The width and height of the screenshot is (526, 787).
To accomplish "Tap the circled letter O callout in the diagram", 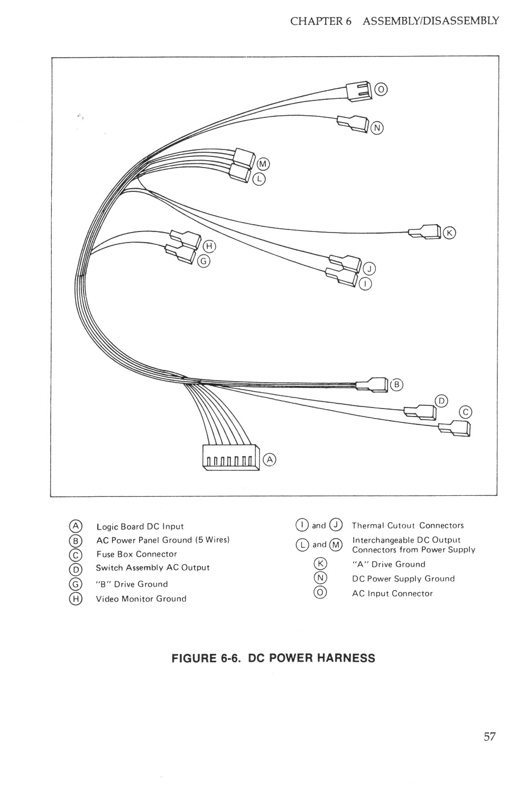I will tap(381, 89).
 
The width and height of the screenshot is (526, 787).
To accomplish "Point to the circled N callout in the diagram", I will tap(377, 127).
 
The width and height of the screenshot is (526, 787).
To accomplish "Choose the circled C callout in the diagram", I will tap(465, 412).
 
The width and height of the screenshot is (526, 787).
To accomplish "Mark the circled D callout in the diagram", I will tap(441, 401).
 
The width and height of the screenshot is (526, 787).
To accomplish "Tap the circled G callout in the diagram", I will tap(204, 261).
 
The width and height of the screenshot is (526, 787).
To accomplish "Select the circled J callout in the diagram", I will tap(369, 269).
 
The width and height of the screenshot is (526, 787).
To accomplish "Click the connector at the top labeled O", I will tap(358, 90).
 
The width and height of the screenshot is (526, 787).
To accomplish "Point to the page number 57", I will tap(490, 736).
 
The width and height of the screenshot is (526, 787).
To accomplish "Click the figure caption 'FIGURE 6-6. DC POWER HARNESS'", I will tap(273, 658).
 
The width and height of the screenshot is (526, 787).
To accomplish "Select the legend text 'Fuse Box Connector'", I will tap(136, 554).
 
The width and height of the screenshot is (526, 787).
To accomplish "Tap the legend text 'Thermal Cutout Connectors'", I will tap(408, 525).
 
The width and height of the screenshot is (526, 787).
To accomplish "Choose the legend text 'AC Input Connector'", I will tap(392, 594).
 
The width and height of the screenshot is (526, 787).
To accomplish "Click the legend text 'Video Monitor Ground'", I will tap(141, 599).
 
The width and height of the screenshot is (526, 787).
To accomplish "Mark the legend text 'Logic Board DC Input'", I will tap(140, 526).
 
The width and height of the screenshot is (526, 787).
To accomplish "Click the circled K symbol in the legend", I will tap(320, 563).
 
